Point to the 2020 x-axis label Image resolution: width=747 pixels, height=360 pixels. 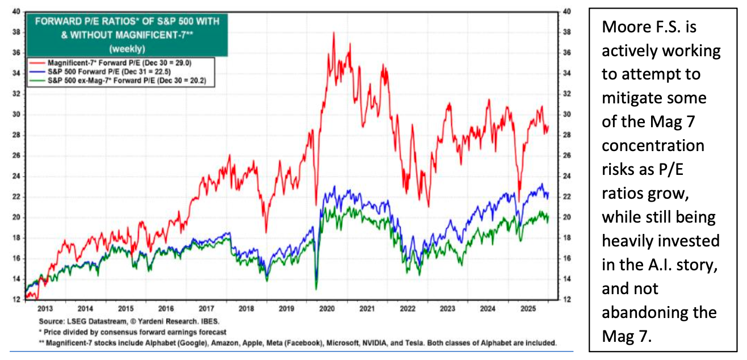tap(326, 308)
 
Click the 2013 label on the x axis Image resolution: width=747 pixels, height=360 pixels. tap(45, 308)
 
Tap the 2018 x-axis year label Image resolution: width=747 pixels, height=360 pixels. tap(246, 308)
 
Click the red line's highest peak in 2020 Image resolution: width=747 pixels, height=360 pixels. tap(333, 33)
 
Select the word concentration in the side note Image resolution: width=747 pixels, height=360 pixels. tap(653, 146)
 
